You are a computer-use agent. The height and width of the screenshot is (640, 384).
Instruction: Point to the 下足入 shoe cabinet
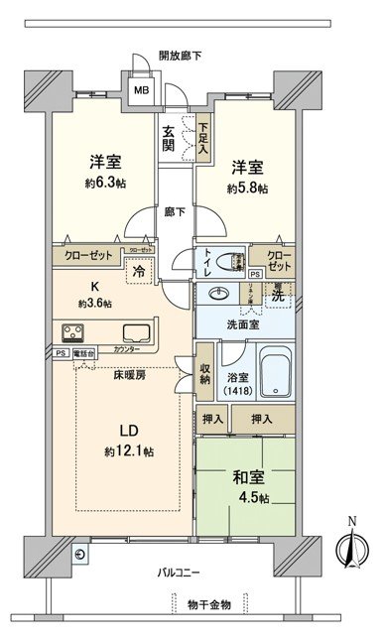pos(202,136)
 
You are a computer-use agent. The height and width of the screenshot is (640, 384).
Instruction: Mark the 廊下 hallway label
pos(174,211)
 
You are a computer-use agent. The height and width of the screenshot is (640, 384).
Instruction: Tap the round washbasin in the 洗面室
pos(217,295)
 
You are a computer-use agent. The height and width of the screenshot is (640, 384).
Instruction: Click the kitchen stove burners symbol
pos(74,331)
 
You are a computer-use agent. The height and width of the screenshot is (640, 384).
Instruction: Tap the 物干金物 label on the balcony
pos(206,604)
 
